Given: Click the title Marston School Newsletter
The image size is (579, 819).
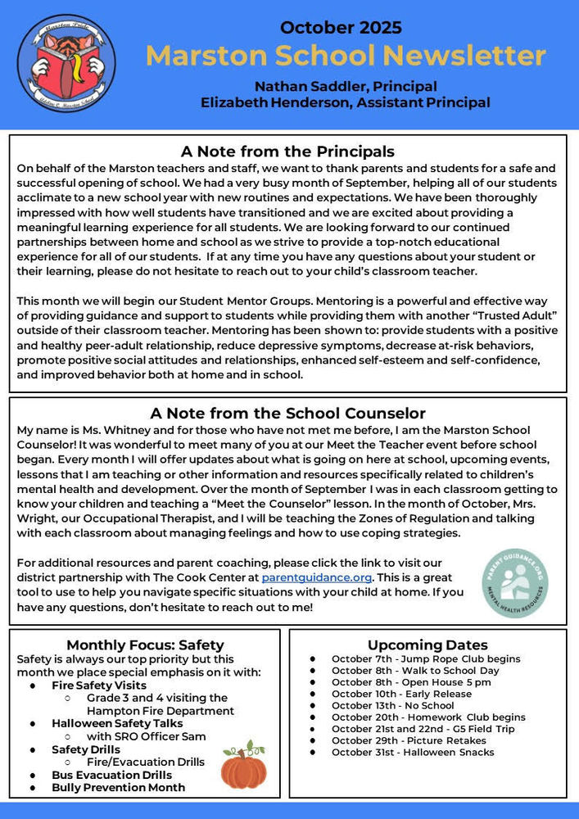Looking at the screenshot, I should click(x=345, y=56).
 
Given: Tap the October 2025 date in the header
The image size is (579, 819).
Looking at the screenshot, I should click(x=341, y=28).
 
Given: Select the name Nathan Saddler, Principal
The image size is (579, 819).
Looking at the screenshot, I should click(x=345, y=86).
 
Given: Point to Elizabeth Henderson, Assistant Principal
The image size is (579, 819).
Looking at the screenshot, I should click(x=345, y=102).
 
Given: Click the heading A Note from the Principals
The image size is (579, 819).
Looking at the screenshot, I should click(x=287, y=152).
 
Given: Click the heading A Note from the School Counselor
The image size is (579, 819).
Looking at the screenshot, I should click(x=287, y=414).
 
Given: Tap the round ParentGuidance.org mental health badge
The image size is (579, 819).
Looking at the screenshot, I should click(x=514, y=582).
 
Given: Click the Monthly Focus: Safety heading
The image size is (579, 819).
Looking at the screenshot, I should click(x=145, y=645).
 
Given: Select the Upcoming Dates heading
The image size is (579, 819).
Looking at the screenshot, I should click(x=427, y=645).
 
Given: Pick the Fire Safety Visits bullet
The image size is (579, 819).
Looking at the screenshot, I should click(x=99, y=685).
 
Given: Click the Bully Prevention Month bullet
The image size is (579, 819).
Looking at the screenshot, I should click(x=118, y=787).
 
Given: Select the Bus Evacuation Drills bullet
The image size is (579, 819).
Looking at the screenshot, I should click(x=111, y=775).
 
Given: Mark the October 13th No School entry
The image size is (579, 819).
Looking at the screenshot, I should click(x=392, y=705).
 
